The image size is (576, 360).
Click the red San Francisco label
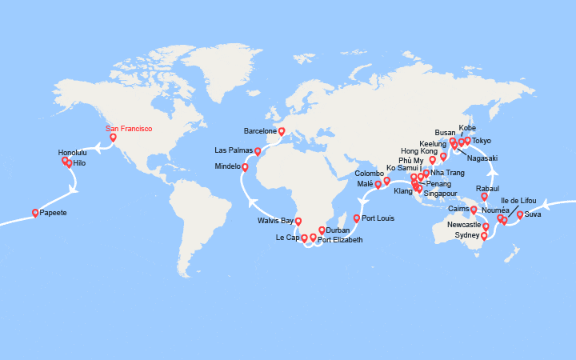click(x=129, y=128)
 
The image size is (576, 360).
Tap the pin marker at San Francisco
click(x=113, y=138)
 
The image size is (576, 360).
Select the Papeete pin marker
click(x=35, y=213)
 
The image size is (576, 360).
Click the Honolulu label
click(x=74, y=152)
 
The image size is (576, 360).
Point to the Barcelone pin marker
click(x=282, y=131)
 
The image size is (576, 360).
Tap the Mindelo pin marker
click(x=245, y=167)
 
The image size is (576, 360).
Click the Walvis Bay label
click(x=276, y=220)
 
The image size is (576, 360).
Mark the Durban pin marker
click(x=322, y=230)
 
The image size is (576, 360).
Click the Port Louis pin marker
click(x=357, y=218)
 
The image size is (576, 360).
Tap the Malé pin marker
click(x=378, y=184)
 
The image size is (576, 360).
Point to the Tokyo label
click(x=482, y=142)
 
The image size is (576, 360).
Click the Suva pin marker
click(x=520, y=214)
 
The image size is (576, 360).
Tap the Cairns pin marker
click(x=474, y=210)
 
